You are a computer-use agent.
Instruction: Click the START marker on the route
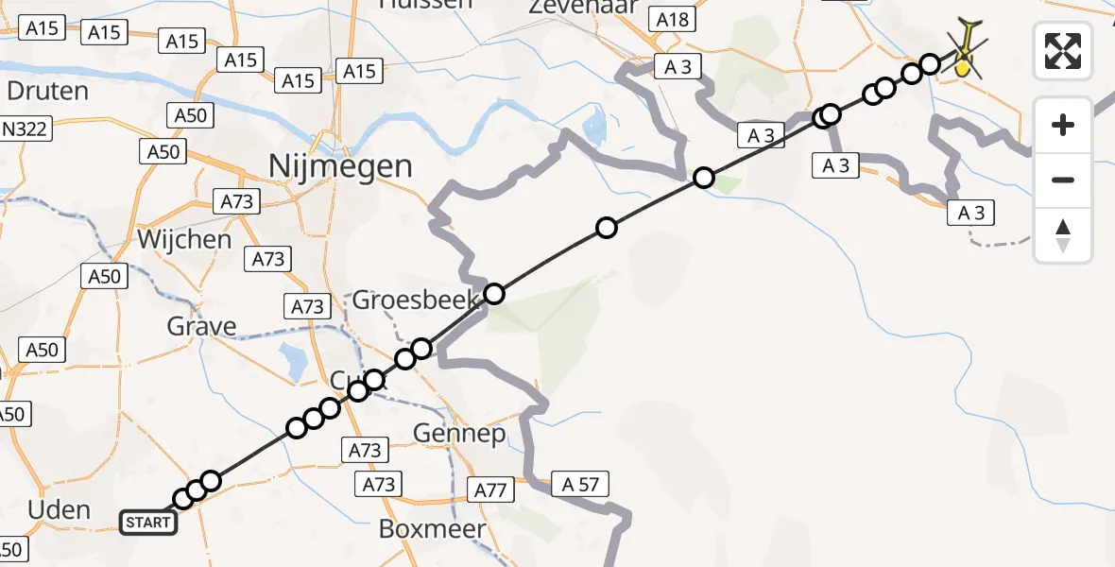(148, 522)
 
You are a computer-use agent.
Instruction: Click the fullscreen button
(1063, 51)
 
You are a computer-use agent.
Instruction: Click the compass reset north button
(1063, 235)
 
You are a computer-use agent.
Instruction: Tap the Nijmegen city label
(340, 167)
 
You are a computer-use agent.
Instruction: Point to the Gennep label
(459, 434)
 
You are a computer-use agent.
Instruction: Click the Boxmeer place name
(432, 528)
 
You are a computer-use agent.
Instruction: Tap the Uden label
(60, 510)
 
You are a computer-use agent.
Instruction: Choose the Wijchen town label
(184, 239)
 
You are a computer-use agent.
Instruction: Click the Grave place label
(201, 327)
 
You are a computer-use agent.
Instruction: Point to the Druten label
(47, 92)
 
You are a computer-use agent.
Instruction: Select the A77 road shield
(490, 490)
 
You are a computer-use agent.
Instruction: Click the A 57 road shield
(575, 484)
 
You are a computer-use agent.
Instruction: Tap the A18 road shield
(673, 20)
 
